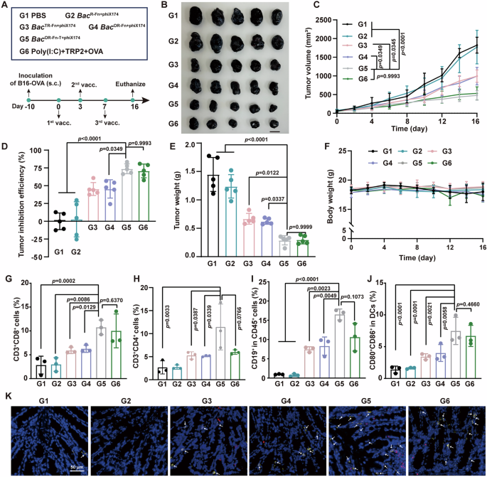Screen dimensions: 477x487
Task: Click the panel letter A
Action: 5,6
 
